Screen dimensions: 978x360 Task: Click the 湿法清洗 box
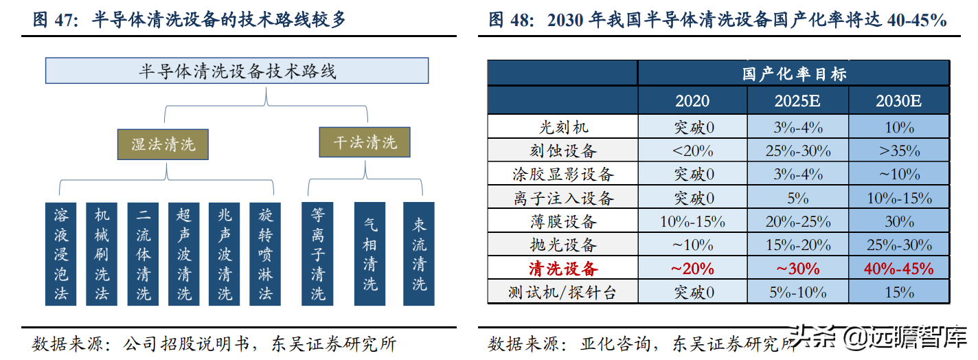163,144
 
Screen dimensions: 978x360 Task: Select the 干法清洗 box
365,142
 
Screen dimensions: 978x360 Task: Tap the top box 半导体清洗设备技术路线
237,70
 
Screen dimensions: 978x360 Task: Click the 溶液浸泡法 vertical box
60,254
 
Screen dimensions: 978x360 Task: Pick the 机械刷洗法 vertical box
101,254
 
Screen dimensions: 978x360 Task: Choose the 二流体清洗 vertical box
143,254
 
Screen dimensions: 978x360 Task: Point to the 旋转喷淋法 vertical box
265,254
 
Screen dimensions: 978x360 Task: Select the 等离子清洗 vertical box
317,254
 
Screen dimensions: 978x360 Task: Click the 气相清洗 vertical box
369,254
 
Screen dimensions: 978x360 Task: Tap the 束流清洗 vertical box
419,254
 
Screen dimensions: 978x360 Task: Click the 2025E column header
797,100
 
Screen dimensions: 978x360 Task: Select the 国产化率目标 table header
794,74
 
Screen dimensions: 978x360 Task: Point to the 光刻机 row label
563,127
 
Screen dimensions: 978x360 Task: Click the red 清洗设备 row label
563,268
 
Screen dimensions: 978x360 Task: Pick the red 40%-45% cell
899,268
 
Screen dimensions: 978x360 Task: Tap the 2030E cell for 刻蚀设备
899,150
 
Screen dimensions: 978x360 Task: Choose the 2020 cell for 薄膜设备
692,221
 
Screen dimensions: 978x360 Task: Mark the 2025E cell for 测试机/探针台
797,292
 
